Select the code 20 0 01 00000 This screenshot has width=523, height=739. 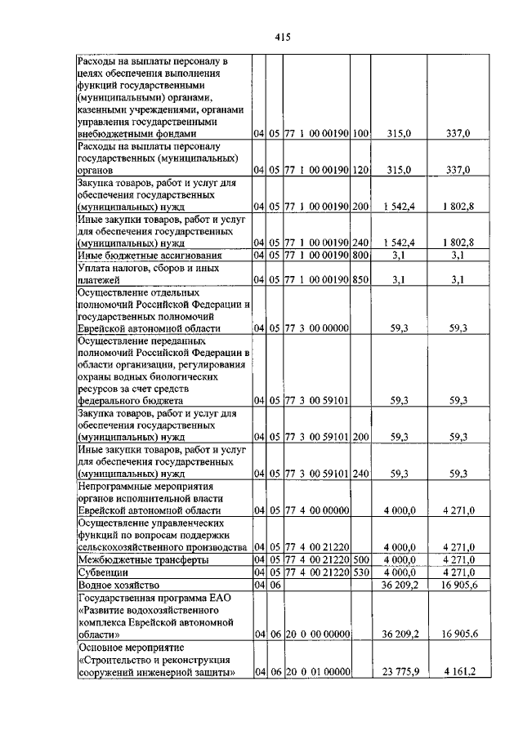(316, 672)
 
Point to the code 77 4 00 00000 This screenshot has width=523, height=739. (316, 510)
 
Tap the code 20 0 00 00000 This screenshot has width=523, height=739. (316, 634)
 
